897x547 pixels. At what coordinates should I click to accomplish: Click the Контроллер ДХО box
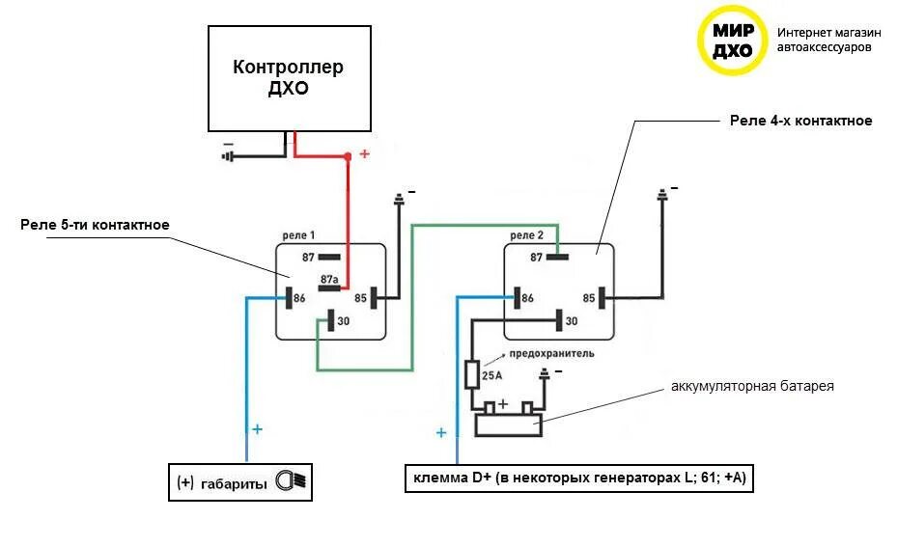tap(290, 78)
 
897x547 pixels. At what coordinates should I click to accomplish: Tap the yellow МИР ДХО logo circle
tap(732, 41)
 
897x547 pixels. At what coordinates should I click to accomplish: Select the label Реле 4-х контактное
tap(800, 121)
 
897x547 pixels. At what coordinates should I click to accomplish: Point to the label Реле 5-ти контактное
tap(95, 225)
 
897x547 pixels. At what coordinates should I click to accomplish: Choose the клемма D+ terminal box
tap(578, 479)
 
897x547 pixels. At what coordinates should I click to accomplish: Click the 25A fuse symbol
tap(472, 374)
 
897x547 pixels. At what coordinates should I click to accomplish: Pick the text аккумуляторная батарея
tap(752, 386)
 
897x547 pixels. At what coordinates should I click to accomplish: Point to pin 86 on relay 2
tap(519, 297)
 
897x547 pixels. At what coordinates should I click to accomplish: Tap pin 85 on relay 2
tap(601, 297)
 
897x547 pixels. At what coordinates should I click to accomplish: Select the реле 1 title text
tap(299, 235)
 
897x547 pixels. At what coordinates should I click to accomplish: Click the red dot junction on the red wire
tap(349, 156)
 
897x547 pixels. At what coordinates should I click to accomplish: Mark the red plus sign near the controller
tap(364, 153)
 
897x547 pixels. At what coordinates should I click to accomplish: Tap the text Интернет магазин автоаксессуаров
tap(828, 39)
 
